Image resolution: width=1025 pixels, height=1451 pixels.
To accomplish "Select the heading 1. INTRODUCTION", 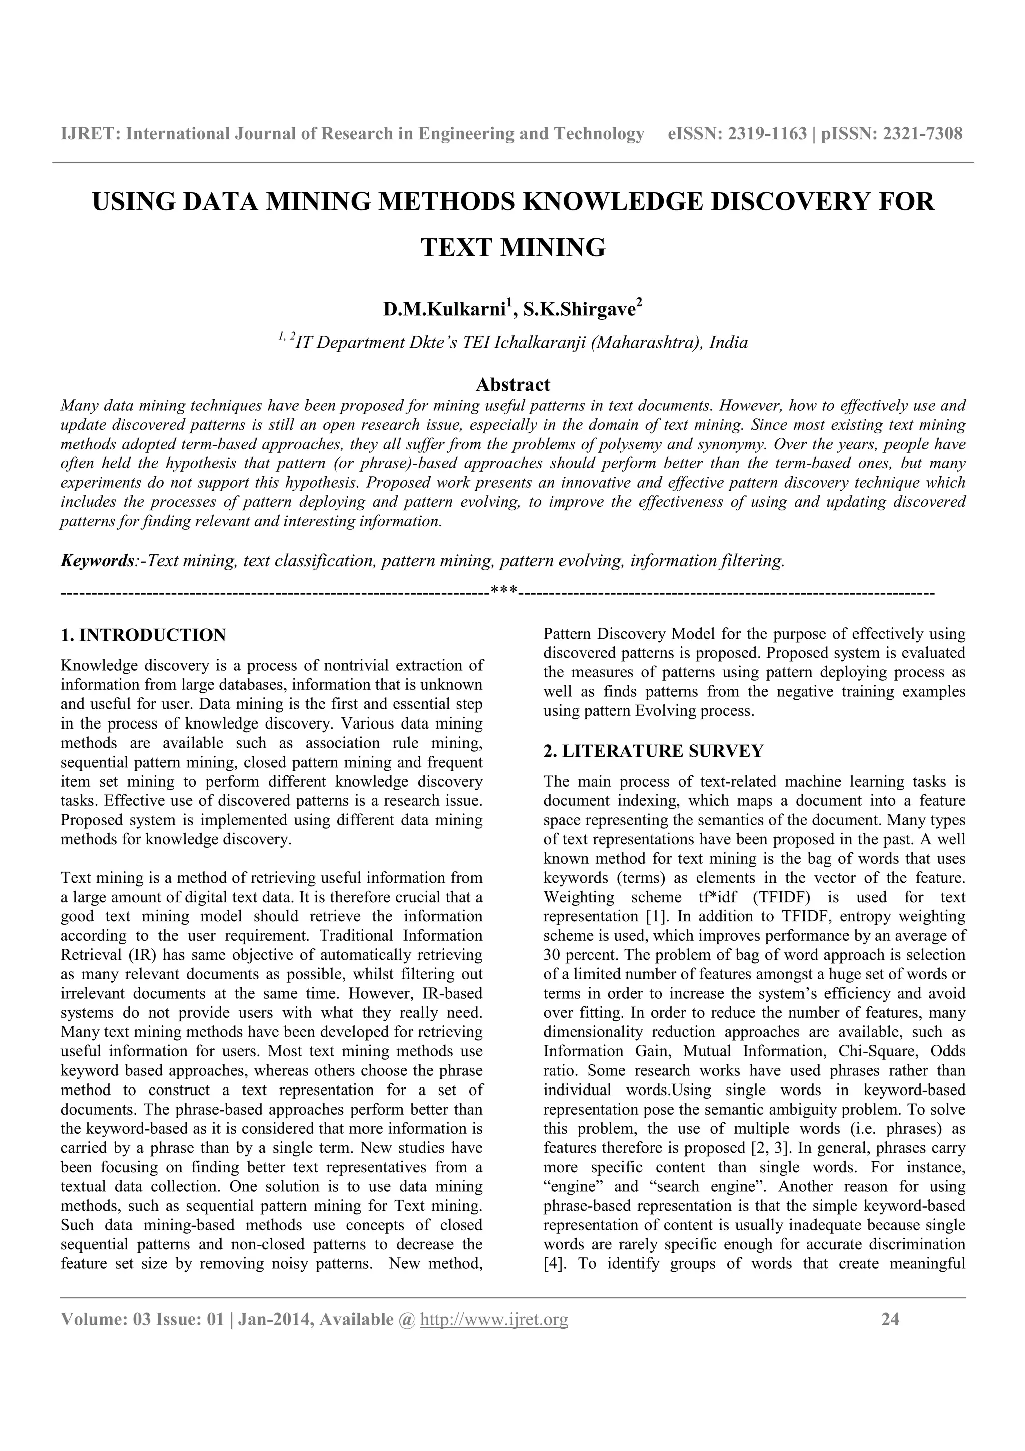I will click(143, 635).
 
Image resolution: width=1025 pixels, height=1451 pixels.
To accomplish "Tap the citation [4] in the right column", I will click(552, 1263).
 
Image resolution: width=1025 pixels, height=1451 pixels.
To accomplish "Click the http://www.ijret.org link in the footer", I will click(494, 1319).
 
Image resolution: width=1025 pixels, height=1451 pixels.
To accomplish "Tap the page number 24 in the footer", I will click(890, 1319).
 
